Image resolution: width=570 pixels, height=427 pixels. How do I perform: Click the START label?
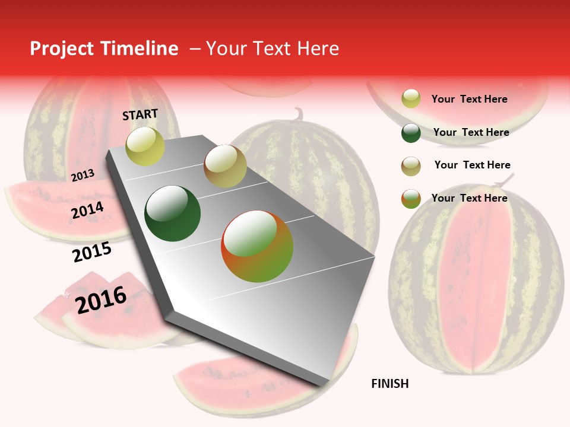point(140,114)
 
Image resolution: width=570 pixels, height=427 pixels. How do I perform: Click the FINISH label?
point(389,384)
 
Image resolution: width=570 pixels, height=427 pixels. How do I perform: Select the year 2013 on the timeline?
point(83,176)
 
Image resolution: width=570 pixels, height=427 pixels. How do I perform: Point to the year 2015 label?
point(92,252)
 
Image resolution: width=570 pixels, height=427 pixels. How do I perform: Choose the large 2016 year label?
point(101,300)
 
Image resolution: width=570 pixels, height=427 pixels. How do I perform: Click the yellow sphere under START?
point(145,146)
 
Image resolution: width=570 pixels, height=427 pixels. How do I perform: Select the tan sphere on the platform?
point(225,166)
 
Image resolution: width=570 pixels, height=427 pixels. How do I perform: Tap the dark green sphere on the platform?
point(173,213)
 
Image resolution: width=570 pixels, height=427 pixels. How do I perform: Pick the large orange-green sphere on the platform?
point(257,246)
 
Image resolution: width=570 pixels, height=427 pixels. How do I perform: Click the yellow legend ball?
point(411,99)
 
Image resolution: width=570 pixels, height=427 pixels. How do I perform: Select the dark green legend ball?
point(411,133)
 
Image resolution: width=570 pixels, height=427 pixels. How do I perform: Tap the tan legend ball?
point(411,166)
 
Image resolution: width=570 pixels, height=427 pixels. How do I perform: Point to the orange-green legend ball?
point(411,199)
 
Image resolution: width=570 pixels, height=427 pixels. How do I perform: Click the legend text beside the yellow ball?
point(469,99)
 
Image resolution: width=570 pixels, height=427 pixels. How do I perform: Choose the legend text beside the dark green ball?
point(471,132)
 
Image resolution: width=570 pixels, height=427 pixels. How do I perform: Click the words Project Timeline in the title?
point(104,49)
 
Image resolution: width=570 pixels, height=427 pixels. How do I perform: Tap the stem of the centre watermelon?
point(299,113)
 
